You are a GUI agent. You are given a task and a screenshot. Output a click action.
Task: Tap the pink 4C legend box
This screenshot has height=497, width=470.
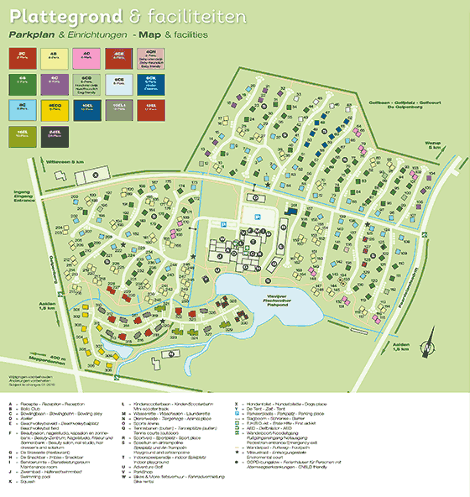pos(87,56)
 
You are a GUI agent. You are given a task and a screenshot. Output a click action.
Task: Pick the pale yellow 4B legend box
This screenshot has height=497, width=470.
pos(55,56)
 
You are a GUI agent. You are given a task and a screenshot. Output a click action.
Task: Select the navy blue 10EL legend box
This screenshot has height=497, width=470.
pos(87,107)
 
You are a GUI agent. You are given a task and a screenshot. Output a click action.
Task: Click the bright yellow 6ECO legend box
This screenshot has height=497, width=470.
pos(55,107)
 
